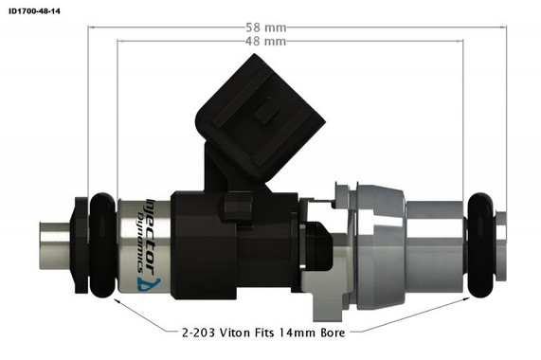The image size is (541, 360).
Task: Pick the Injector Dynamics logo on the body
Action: tap(138, 227)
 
